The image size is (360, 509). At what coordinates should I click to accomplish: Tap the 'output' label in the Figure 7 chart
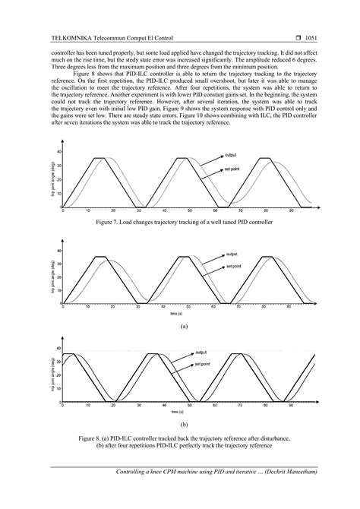tap(231, 154)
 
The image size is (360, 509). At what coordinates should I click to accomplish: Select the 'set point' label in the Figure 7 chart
tap(232, 168)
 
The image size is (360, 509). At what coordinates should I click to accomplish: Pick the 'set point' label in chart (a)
tap(233, 268)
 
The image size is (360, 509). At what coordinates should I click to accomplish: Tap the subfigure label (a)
tap(182, 324)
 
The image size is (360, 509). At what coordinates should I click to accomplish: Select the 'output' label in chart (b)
tap(201, 353)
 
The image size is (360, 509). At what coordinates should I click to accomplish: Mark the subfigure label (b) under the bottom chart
tap(182, 424)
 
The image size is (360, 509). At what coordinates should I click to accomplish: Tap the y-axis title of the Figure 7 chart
tap(53, 179)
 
